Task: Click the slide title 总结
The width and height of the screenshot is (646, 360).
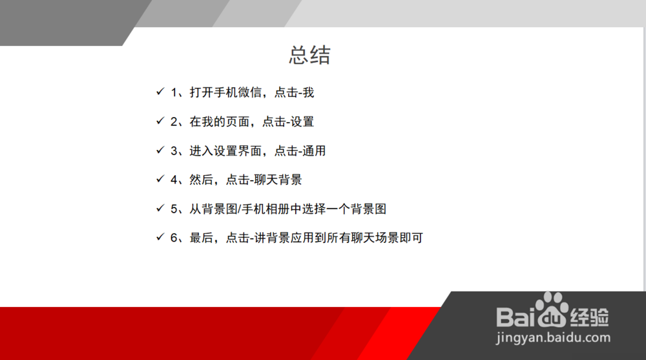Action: point(309,55)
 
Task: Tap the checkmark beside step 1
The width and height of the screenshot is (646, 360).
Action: point(160,92)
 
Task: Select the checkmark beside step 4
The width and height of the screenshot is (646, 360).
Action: point(160,179)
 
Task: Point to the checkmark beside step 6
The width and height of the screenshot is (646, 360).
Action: point(160,237)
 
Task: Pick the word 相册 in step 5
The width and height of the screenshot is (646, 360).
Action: point(278,209)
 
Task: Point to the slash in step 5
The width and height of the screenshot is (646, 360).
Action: point(240,209)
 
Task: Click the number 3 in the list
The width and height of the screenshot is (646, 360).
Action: point(174,151)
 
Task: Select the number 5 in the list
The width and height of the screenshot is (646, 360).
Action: point(174,209)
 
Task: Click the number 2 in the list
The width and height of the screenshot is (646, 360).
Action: point(174,122)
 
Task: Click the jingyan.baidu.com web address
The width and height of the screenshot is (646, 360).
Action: point(553,338)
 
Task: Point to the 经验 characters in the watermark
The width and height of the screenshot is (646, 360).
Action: point(590,317)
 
